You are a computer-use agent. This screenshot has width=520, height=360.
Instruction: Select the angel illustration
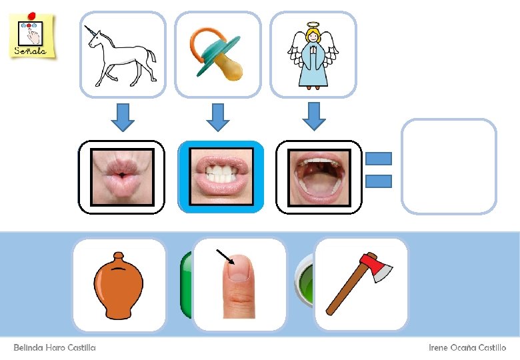313,56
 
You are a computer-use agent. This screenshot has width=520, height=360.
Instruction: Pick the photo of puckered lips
122,177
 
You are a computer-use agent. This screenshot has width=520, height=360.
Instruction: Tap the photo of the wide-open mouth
319,177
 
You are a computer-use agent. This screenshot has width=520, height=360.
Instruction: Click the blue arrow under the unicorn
122,116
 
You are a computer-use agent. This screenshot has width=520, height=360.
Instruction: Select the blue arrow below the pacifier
217,116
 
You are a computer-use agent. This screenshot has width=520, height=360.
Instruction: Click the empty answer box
449,166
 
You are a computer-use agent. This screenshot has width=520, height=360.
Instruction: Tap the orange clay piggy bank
119,285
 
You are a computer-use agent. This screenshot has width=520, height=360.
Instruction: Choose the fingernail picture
239,285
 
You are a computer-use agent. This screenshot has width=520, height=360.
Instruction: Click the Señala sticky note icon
32,35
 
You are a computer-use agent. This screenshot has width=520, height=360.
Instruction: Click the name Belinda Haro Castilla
55,347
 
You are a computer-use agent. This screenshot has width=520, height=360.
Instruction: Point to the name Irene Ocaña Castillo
467,347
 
